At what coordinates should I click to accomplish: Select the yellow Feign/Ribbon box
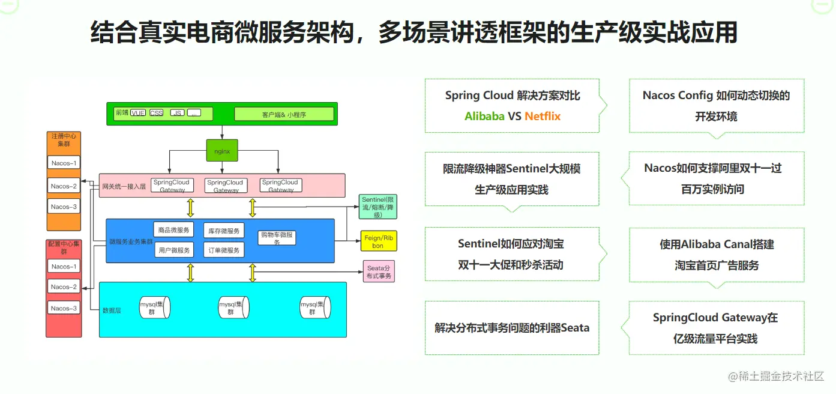tap(377, 241)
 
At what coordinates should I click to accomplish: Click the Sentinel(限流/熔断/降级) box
tap(377, 207)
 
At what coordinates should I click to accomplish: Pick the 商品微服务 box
tap(174, 229)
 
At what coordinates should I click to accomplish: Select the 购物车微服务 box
tap(277, 238)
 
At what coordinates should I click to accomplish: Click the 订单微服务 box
tap(224, 250)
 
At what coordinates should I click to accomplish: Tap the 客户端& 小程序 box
tap(284, 114)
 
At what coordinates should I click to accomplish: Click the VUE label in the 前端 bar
tap(138, 113)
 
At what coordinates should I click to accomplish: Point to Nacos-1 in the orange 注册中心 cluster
tap(64, 163)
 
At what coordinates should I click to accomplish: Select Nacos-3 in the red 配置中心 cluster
tap(64, 308)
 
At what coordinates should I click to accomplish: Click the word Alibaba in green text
tap(484, 117)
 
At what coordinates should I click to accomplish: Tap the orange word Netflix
tap(543, 117)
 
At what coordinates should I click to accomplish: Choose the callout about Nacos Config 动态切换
tap(716, 106)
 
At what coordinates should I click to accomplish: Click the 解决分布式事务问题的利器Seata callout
tap(512, 328)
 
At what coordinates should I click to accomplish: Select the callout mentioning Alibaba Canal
tap(716, 255)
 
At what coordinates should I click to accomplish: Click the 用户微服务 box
tap(174, 250)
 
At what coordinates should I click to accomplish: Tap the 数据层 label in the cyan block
tap(112, 311)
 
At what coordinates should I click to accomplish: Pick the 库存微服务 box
tap(224, 231)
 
